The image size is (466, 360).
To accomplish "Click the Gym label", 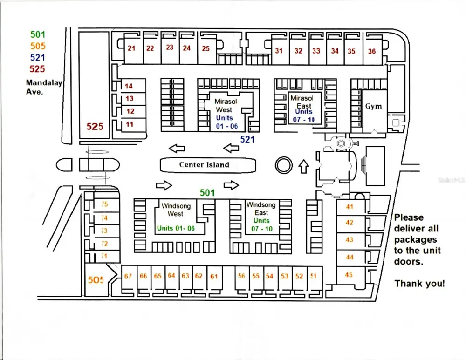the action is point(373,106).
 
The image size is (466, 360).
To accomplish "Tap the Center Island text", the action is point(204,164).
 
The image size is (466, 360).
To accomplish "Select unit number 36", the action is point(372,51).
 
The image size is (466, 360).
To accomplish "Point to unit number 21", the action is point(131,48).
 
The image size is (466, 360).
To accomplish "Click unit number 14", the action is point(129,86).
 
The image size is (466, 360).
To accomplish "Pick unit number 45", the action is point(349,275).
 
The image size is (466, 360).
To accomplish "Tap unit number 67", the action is point(128,276).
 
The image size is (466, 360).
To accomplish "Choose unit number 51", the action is point(313,276).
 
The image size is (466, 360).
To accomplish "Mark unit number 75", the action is point(104,204).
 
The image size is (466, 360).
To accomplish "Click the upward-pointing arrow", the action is point(303,166).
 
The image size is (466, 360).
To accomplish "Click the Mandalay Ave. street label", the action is point(44,87).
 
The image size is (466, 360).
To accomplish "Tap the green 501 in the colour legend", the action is point(38,34).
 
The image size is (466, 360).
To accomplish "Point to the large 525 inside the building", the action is point(95,127).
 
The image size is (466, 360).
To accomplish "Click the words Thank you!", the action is point(420,284).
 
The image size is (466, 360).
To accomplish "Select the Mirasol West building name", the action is point(226,105).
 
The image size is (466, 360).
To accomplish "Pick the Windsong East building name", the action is point(261,209).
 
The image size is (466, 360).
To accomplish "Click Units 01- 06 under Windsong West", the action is point(176,228).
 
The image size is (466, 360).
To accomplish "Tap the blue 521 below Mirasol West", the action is point(247,139).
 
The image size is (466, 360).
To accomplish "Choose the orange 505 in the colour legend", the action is point(38,46).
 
